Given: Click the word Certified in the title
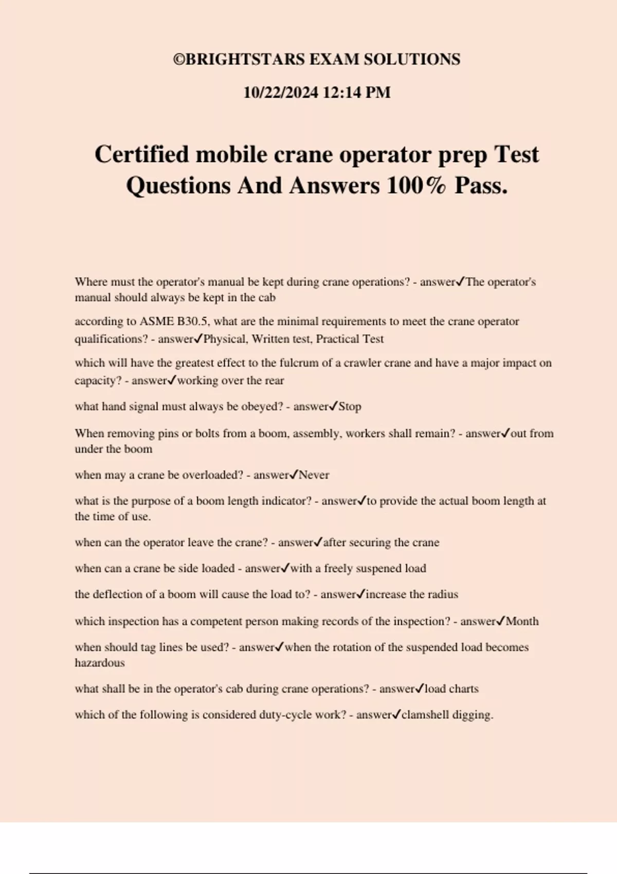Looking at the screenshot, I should [141, 154].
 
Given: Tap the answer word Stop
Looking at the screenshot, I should [350, 407].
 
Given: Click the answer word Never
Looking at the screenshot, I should [314, 475].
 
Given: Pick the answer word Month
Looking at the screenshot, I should [522, 622].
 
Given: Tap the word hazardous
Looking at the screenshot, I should [100, 663].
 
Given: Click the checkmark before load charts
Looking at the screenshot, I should [420, 688].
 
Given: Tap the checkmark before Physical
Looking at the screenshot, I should [198, 339].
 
